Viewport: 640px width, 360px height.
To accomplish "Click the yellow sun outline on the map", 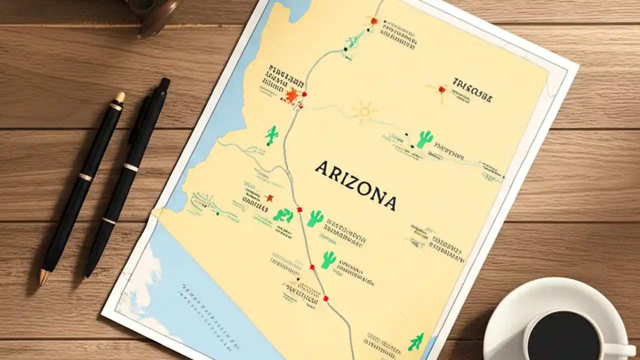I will (x=363, y=112).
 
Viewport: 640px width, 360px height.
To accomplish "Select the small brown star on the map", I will (x=269, y=198).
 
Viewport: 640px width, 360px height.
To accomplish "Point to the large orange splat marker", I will (x=291, y=95).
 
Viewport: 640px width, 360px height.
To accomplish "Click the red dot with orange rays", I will (x=441, y=90).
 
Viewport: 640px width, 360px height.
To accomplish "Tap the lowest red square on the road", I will (x=326, y=298).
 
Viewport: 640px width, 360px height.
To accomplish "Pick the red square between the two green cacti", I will (x=300, y=210).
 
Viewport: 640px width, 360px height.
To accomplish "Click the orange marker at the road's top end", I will (x=373, y=20).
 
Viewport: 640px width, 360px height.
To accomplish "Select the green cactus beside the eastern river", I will (x=424, y=139).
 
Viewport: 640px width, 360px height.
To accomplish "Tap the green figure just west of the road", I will (x=271, y=135).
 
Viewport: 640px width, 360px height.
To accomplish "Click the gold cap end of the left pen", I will (x=120, y=97).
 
